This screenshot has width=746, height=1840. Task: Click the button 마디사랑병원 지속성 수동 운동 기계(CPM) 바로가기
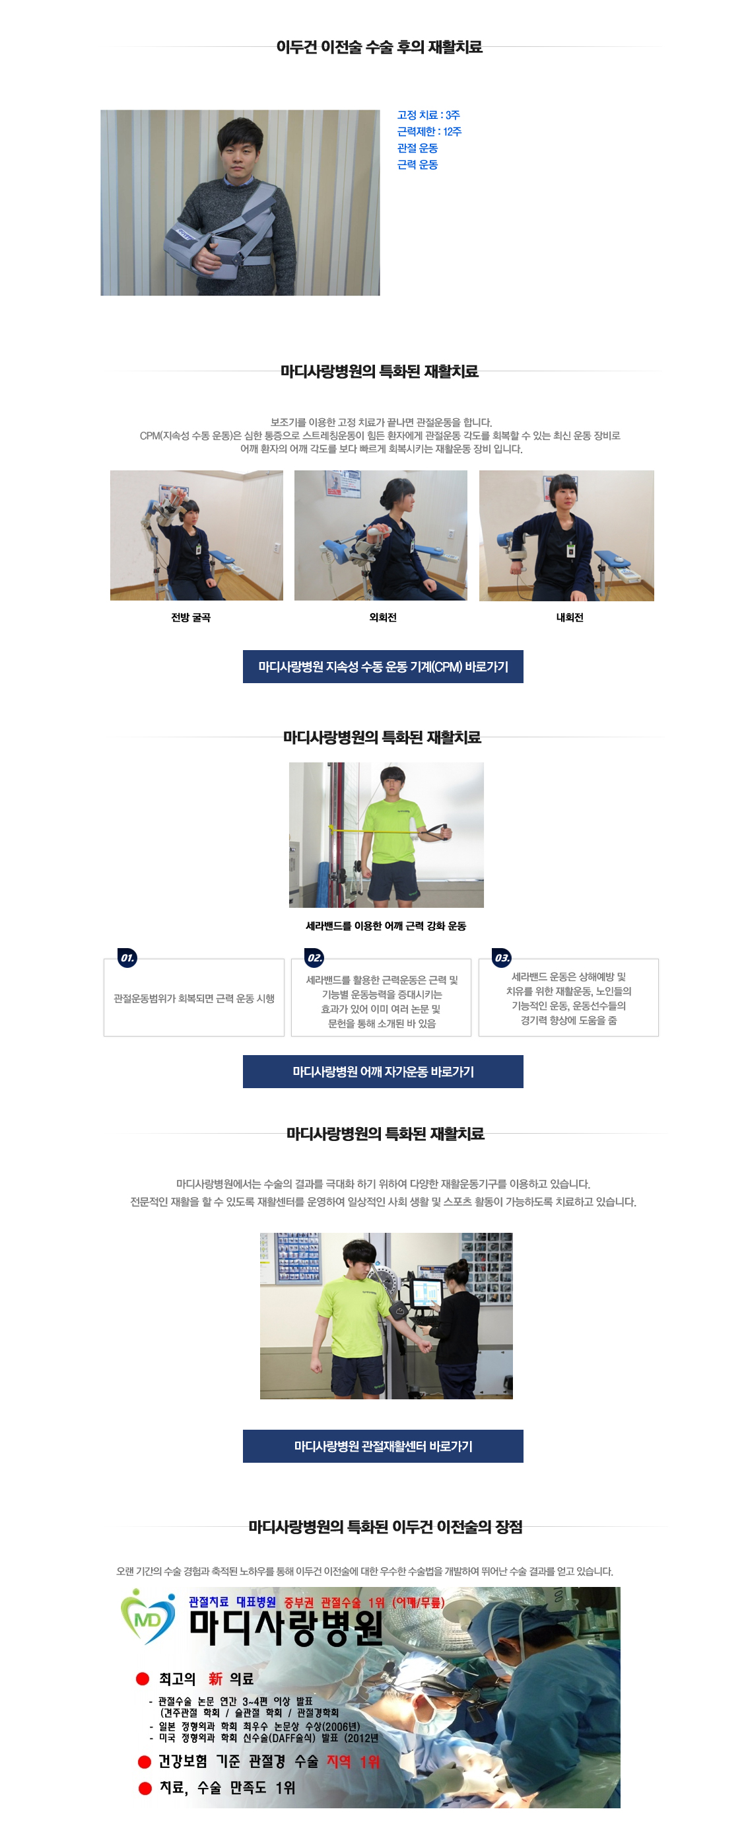click(x=383, y=667)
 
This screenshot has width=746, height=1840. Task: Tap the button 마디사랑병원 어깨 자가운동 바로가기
click(x=383, y=1072)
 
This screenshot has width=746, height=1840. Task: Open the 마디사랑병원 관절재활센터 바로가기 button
click(x=383, y=1446)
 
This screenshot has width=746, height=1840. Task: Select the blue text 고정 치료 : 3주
click(x=428, y=115)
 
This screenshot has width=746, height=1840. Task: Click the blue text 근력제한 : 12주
click(x=429, y=131)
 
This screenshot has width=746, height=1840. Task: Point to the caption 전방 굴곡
click(x=191, y=617)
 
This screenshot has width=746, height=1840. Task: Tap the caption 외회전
click(x=383, y=617)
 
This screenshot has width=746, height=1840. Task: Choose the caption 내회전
click(x=570, y=617)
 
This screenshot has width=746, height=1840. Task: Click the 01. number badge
click(x=127, y=957)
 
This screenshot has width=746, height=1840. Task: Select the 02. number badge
click(x=314, y=957)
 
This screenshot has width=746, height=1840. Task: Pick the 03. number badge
click(x=502, y=957)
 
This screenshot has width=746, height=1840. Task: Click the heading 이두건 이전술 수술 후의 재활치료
click(x=379, y=47)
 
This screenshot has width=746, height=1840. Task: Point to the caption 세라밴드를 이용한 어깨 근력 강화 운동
click(x=386, y=926)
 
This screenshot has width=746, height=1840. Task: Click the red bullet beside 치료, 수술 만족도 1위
click(x=145, y=1788)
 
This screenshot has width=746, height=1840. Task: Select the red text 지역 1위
click(x=353, y=1761)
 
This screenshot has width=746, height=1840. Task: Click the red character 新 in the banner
click(x=216, y=1679)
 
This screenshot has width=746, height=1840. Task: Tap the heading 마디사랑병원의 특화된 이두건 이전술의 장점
click(x=386, y=1526)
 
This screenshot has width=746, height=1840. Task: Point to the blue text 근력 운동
click(x=418, y=165)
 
